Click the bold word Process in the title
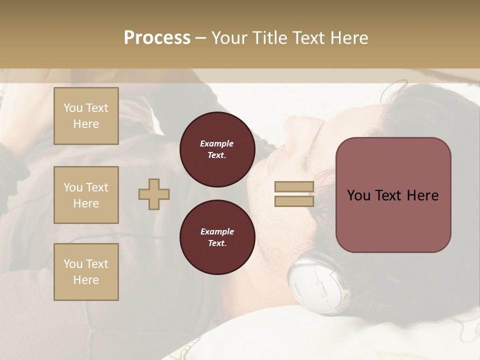(157, 38)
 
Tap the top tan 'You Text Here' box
(86, 116)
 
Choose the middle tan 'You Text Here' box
(86, 195)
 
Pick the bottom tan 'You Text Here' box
(86, 272)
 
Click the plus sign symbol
(154, 194)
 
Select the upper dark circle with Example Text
(217, 149)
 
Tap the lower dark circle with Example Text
(217, 237)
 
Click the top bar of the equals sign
(294, 186)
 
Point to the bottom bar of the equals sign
(294, 201)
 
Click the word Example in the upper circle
(217, 144)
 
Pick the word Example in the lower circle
(217, 232)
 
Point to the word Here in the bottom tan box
(86, 280)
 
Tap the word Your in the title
(230, 38)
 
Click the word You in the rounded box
(358, 195)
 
